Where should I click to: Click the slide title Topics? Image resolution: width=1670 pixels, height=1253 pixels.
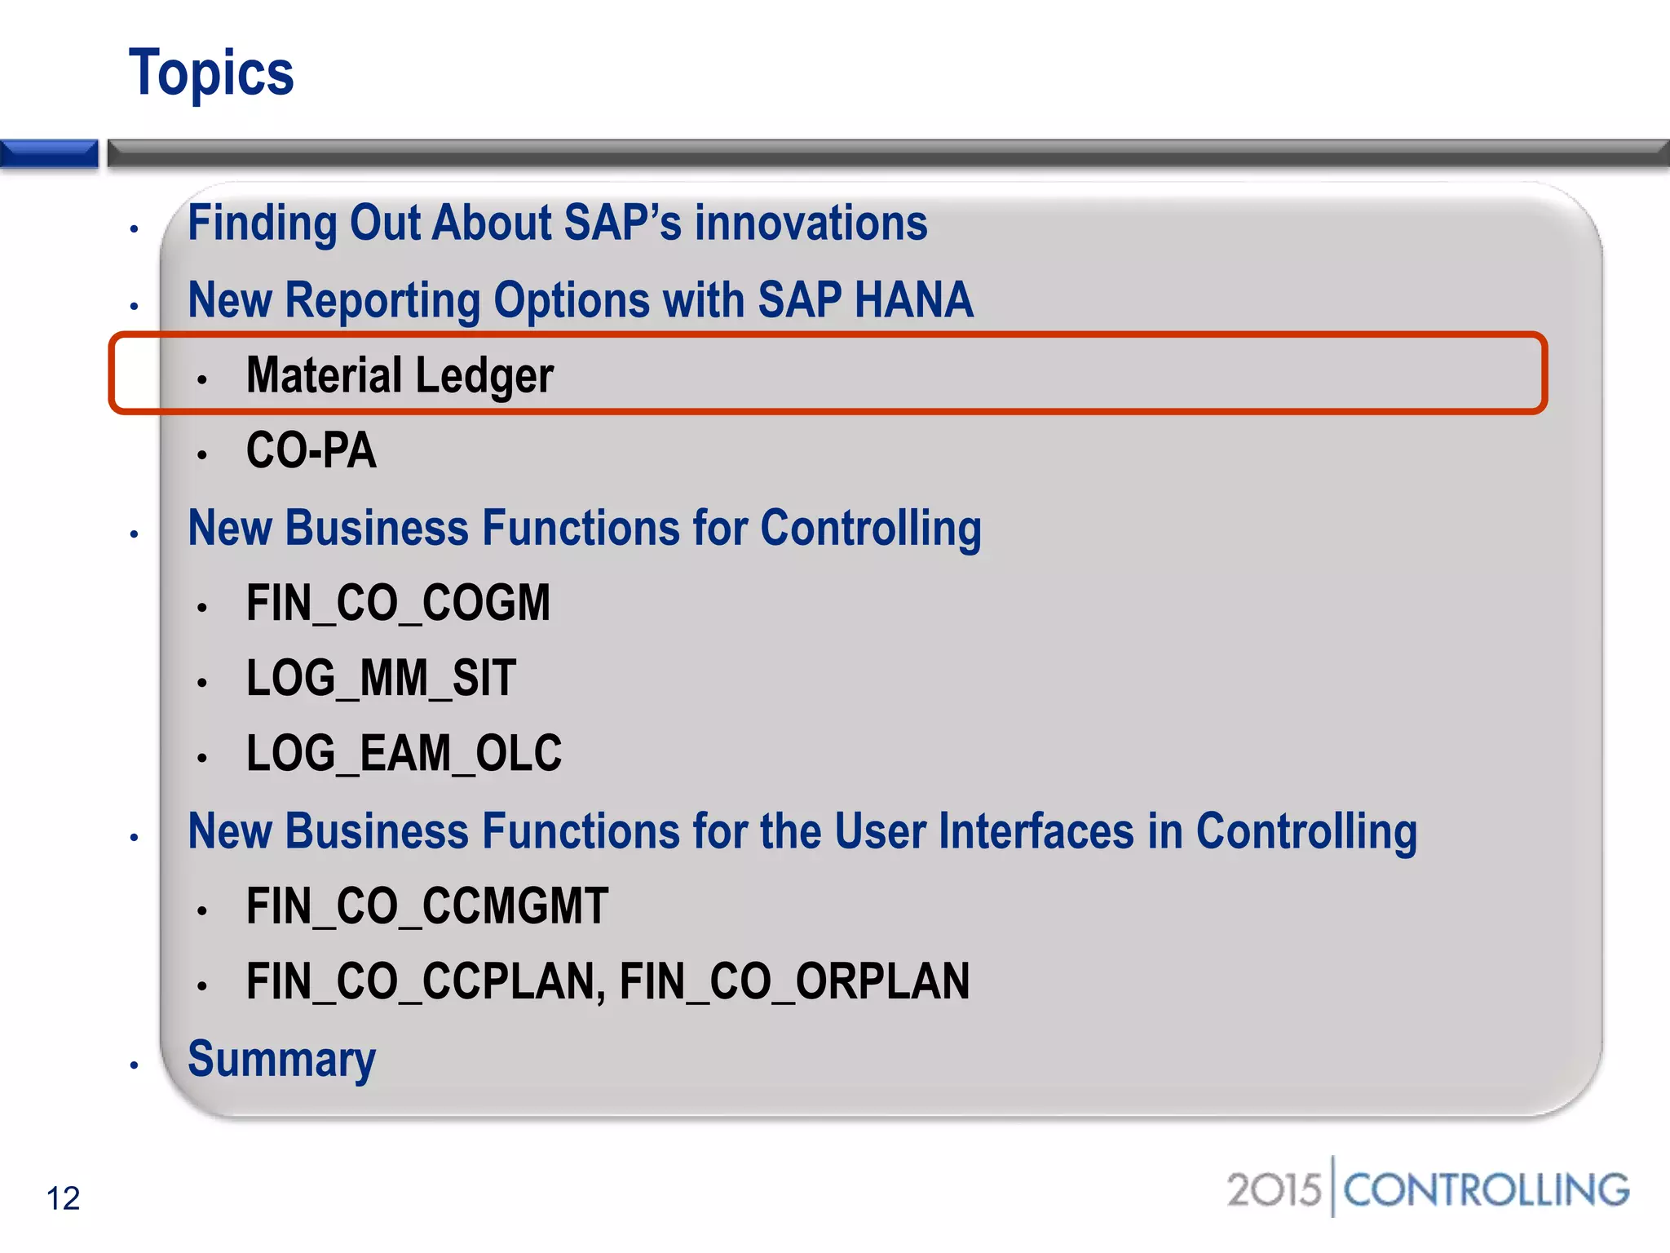click(x=211, y=73)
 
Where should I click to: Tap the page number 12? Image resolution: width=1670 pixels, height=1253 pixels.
click(x=63, y=1198)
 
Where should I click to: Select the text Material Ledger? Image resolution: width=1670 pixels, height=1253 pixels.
click(x=400, y=375)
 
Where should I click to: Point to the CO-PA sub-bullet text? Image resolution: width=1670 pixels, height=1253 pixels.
click(x=311, y=450)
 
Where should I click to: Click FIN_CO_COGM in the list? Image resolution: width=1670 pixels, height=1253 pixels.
click(x=398, y=603)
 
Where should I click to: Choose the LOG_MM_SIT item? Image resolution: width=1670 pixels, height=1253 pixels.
click(x=381, y=678)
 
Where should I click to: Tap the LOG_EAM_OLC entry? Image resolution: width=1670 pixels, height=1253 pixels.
click(x=404, y=753)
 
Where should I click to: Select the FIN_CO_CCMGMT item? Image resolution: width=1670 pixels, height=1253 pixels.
click(x=427, y=905)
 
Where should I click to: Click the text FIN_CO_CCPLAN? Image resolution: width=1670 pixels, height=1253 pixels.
click(x=424, y=981)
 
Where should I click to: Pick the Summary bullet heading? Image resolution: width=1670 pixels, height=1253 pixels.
click(x=281, y=1058)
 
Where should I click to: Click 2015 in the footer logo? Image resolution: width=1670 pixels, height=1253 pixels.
click(x=1273, y=1189)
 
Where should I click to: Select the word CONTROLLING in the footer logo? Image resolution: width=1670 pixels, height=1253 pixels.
click(x=1486, y=1189)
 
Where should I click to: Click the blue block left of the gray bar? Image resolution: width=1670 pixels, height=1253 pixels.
click(x=49, y=153)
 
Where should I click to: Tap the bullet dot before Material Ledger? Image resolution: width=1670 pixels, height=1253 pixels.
click(x=202, y=379)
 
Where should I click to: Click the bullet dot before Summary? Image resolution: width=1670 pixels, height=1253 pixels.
click(x=135, y=1065)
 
